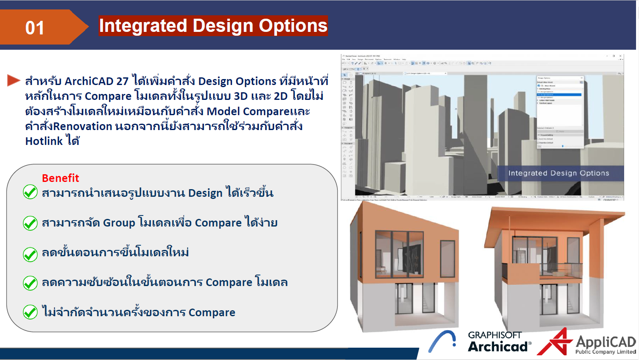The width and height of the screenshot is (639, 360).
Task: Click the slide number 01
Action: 34,28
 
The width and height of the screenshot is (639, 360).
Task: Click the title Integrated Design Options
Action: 213,26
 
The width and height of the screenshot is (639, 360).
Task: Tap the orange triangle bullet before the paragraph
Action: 13,80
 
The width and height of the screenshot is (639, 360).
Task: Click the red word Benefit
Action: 60,178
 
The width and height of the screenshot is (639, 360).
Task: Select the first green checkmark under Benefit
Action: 30,192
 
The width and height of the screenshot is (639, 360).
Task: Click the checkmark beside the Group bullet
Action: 30,223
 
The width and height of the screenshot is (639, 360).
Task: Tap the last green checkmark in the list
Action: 30,312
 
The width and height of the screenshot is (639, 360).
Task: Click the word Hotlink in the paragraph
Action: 44,141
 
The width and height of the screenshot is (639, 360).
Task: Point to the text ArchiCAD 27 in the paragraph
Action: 96,81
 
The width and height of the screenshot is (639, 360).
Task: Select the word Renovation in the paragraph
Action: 82,126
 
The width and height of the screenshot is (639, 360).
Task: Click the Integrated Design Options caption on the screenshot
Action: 558,173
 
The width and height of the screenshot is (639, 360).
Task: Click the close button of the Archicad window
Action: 620,56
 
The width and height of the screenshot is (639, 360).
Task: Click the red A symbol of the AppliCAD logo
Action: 554,343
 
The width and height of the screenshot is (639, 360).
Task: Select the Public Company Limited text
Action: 605,352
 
